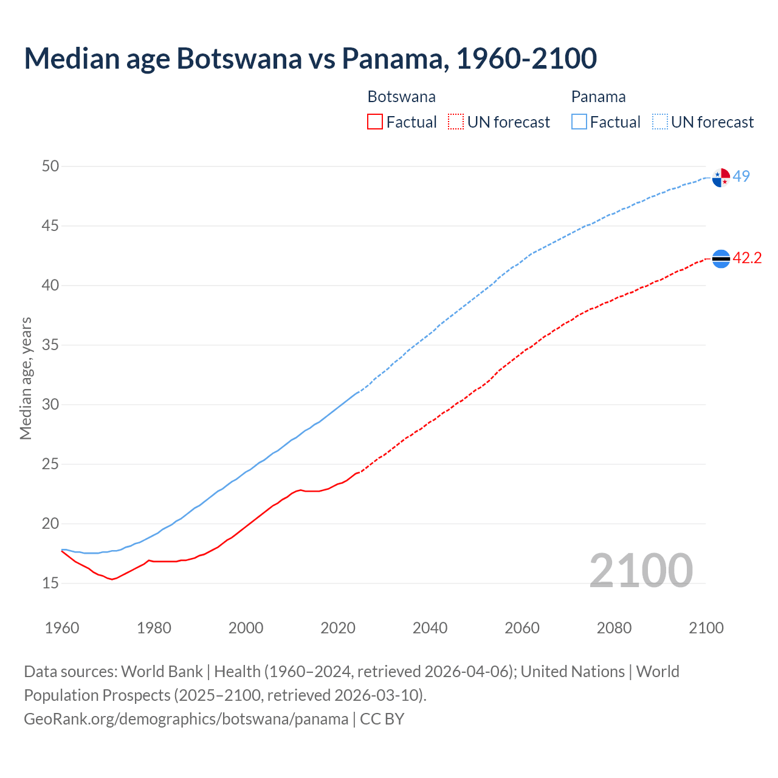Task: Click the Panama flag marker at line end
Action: (x=721, y=177)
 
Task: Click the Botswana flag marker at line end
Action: (x=721, y=259)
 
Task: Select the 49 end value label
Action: (x=742, y=176)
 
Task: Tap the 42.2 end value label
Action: (x=747, y=258)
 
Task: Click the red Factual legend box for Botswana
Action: (x=375, y=122)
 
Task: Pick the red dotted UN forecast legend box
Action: (x=456, y=122)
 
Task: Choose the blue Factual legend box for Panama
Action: (x=579, y=122)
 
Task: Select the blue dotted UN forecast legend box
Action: (x=660, y=122)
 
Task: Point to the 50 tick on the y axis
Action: (x=50, y=166)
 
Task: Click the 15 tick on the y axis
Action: (x=50, y=583)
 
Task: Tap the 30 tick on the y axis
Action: (x=50, y=404)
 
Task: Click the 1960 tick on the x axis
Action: (x=62, y=628)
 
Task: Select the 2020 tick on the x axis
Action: (x=338, y=628)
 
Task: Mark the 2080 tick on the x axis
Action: (x=614, y=628)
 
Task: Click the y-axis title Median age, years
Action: (x=26, y=378)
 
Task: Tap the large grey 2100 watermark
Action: (x=641, y=570)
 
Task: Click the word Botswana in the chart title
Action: (x=239, y=58)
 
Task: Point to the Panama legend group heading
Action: (x=598, y=97)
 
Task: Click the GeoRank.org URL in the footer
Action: (x=186, y=719)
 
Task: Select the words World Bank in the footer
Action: (x=162, y=672)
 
